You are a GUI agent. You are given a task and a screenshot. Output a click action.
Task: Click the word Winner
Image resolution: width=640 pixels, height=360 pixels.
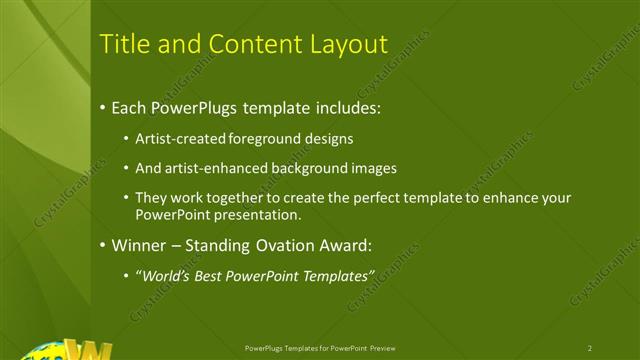pyautogui.click(x=138, y=245)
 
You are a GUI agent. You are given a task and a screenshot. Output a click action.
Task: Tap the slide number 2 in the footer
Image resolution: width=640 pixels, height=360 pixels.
pyautogui.click(x=590, y=347)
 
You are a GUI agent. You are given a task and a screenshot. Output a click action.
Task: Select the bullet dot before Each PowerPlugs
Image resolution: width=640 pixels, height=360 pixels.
pyautogui.click(x=103, y=107)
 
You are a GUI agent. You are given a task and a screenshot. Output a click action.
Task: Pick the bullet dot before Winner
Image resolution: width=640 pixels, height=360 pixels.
pyautogui.click(x=103, y=245)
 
